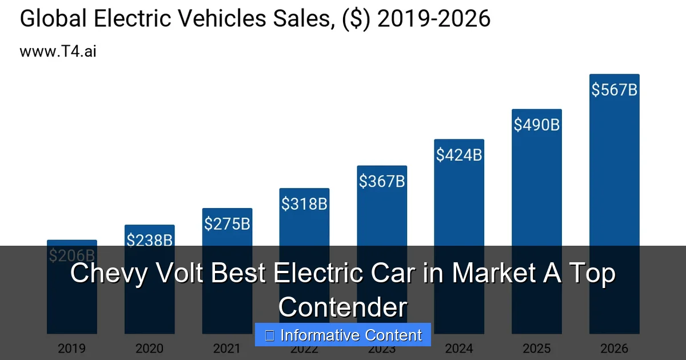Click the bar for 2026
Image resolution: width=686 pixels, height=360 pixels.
(614, 171)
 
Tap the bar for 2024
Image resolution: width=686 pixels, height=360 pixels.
(459, 200)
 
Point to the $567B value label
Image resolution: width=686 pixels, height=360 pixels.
(614, 90)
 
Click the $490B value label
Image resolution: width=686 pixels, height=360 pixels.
(536, 125)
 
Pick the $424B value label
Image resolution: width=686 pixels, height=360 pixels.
(459, 154)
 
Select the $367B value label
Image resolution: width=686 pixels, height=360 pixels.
(382, 181)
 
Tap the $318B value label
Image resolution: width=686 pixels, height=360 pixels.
(304, 203)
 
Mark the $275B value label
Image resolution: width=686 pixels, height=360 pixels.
(227, 223)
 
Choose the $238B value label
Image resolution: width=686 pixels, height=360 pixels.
(149, 241)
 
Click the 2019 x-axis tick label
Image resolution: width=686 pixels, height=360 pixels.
(71, 348)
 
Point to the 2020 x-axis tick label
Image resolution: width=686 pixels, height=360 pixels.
(149, 348)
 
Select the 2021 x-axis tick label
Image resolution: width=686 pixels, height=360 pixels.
(227, 348)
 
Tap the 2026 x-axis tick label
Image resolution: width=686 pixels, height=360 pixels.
(614, 348)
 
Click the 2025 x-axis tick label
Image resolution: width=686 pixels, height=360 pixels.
(536, 348)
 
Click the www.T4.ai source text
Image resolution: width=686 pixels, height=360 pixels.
(58, 51)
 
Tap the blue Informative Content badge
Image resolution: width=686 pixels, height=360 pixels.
(343, 335)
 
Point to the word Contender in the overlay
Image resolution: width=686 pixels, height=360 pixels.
(343, 307)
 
